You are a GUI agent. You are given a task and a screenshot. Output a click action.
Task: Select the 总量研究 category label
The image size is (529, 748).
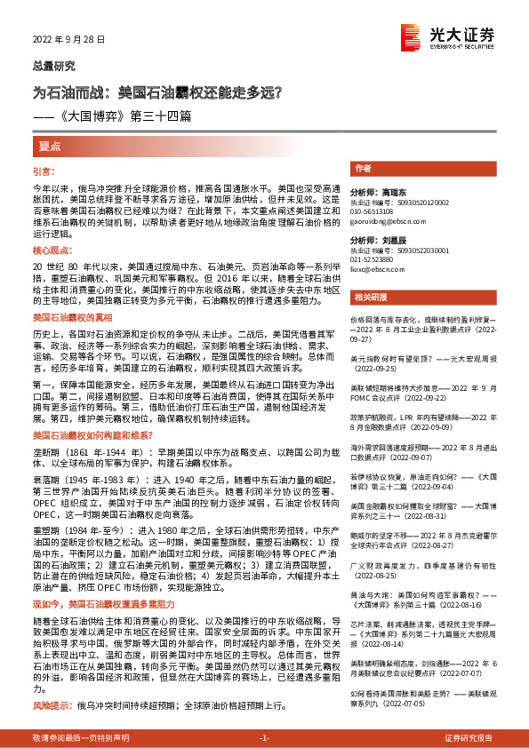(54, 66)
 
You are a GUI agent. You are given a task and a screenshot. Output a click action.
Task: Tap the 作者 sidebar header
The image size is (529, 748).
(363, 167)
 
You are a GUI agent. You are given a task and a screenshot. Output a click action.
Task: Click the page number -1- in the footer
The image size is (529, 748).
(263, 737)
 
